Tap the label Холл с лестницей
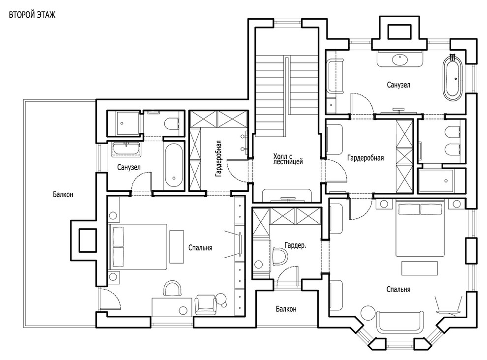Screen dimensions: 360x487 288,158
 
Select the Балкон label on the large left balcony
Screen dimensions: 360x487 63,194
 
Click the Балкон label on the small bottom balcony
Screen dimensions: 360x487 286,309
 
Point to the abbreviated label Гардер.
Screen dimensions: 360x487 295,245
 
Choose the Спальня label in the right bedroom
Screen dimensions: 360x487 398,290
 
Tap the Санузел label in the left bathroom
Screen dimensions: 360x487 129,168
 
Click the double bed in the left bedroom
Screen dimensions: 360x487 138,247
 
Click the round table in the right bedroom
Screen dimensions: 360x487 367,313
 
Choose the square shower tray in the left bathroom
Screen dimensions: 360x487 123,123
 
